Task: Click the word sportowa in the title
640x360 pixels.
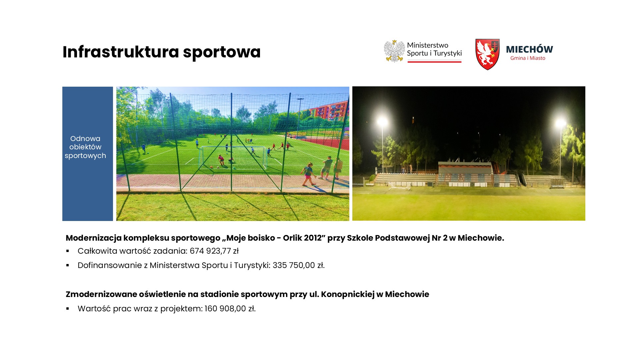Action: pyautogui.click(x=222, y=53)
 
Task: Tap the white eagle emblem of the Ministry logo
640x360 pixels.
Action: pyautogui.click(x=394, y=51)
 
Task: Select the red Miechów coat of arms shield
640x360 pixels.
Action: pyautogui.click(x=487, y=54)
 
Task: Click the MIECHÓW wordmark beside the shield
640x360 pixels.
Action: pyautogui.click(x=529, y=49)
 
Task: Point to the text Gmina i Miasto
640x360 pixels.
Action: pyautogui.click(x=528, y=58)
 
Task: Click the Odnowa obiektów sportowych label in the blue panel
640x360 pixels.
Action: pyautogui.click(x=85, y=147)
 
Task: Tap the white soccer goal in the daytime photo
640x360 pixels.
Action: pyautogui.click(x=233, y=157)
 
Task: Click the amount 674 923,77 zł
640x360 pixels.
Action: pyautogui.click(x=214, y=251)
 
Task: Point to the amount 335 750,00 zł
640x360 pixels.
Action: pyautogui.click(x=299, y=265)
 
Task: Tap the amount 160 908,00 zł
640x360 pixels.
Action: pyautogui.click(x=230, y=309)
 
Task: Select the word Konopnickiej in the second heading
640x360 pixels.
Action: pyautogui.click(x=347, y=295)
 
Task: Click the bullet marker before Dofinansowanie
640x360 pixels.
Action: pyautogui.click(x=68, y=265)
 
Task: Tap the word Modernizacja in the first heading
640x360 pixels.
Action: pyautogui.click(x=94, y=238)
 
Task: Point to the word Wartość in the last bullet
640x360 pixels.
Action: pyautogui.click(x=94, y=309)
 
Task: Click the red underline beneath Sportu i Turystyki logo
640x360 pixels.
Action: pyautogui.click(x=434, y=61)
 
